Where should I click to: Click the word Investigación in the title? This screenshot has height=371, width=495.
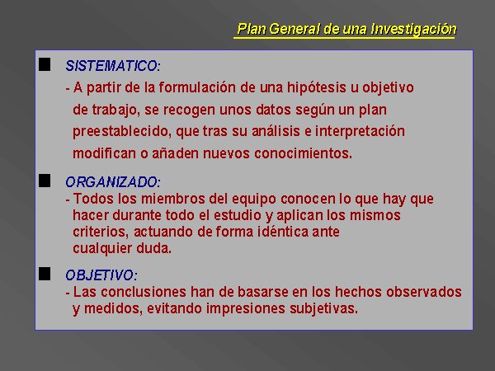point(413,30)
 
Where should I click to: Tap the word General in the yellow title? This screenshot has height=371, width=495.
point(295,29)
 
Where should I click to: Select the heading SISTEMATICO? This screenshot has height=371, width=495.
point(113,66)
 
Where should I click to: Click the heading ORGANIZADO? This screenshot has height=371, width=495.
point(113,182)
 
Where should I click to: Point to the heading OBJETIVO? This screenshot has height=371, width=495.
point(101,275)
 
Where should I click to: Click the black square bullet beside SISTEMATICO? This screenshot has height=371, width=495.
point(45,64)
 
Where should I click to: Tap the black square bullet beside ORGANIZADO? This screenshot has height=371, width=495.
point(45,181)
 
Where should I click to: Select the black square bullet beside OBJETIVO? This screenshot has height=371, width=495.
point(45,274)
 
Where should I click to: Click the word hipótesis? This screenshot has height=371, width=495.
point(316,87)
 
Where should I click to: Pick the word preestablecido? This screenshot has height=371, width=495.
point(122,132)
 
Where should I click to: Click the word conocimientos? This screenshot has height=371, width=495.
point(303,153)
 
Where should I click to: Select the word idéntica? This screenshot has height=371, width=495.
point(283,232)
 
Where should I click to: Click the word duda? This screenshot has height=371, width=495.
point(153,248)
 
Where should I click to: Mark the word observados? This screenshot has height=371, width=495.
point(424,292)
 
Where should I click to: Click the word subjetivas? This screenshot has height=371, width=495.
point(324,308)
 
